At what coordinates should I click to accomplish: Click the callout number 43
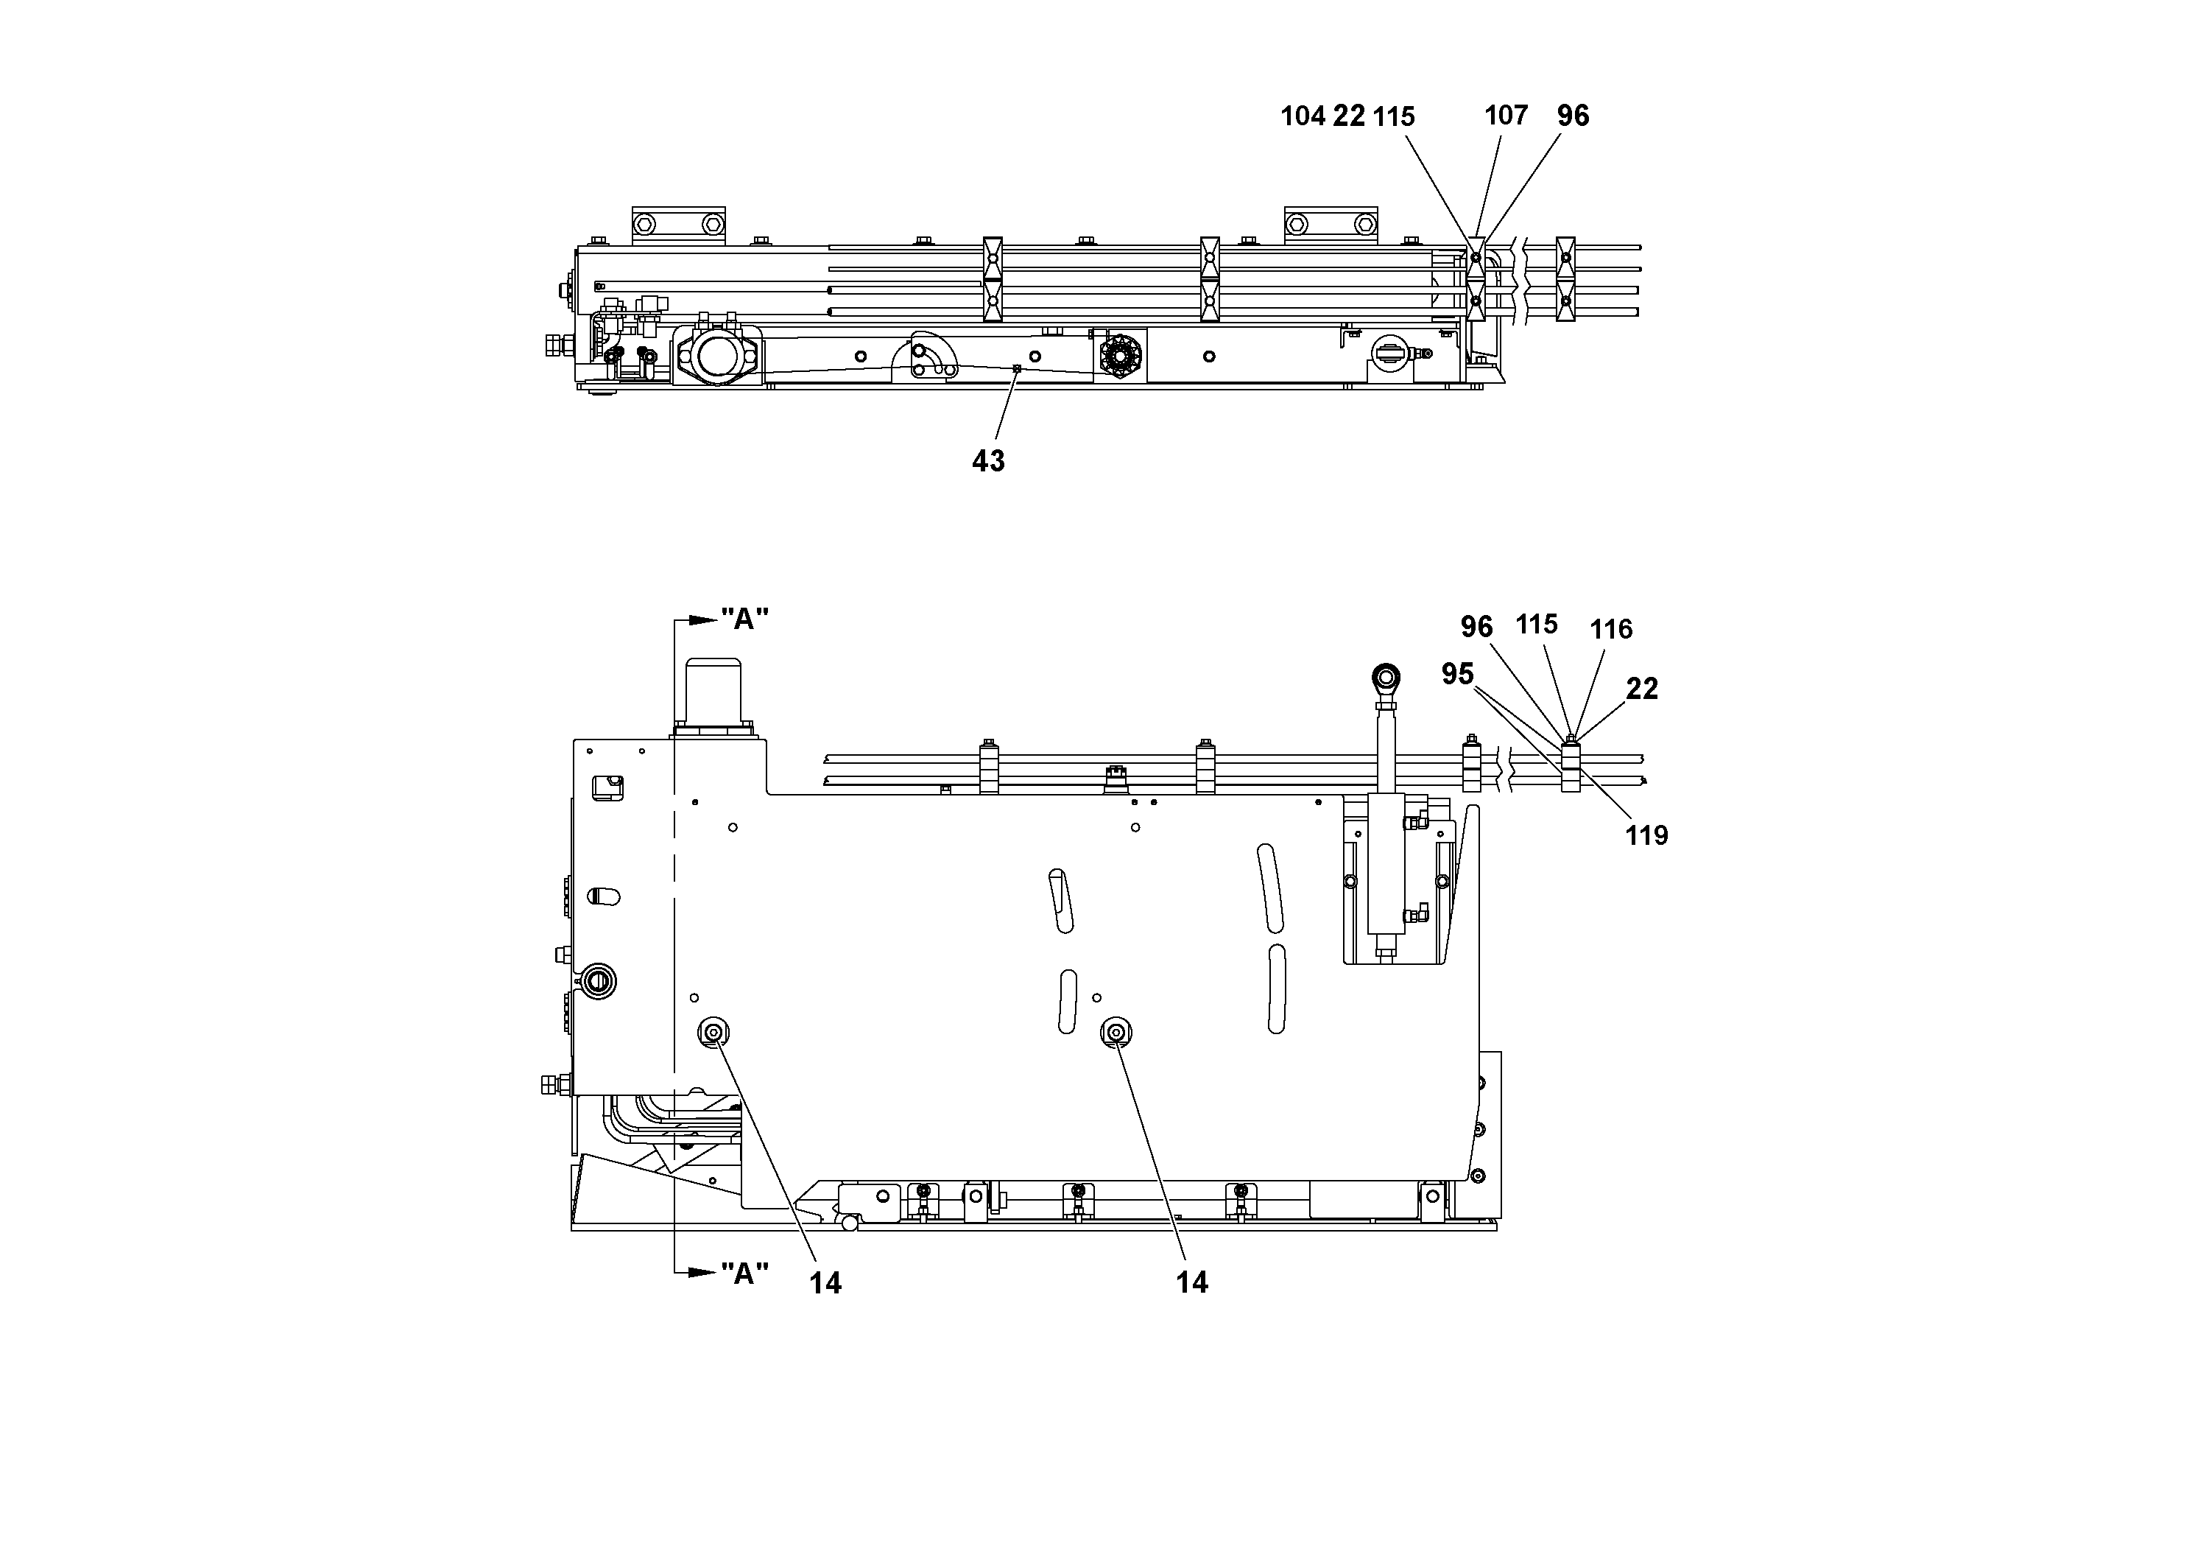(988, 461)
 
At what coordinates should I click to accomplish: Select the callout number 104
(1303, 116)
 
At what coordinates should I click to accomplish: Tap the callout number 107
(1506, 116)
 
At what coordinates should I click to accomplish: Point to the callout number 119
(1646, 835)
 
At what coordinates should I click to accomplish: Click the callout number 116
(1610, 629)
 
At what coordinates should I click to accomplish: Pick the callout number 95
(1457, 674)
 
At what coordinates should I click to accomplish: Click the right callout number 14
(1191, 1282)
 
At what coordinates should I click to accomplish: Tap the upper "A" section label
(744, 619)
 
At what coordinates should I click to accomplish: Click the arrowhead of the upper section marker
(705, 619)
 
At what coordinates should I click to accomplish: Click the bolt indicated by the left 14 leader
(713, 1031)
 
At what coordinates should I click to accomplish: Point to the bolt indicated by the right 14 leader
(1115, 1031)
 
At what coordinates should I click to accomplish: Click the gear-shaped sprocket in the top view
(1120, 358)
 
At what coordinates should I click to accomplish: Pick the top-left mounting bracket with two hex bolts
(679, 225)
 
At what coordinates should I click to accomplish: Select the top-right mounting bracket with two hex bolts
(1330, 225)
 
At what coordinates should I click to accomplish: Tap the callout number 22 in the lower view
(1642, 689)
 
